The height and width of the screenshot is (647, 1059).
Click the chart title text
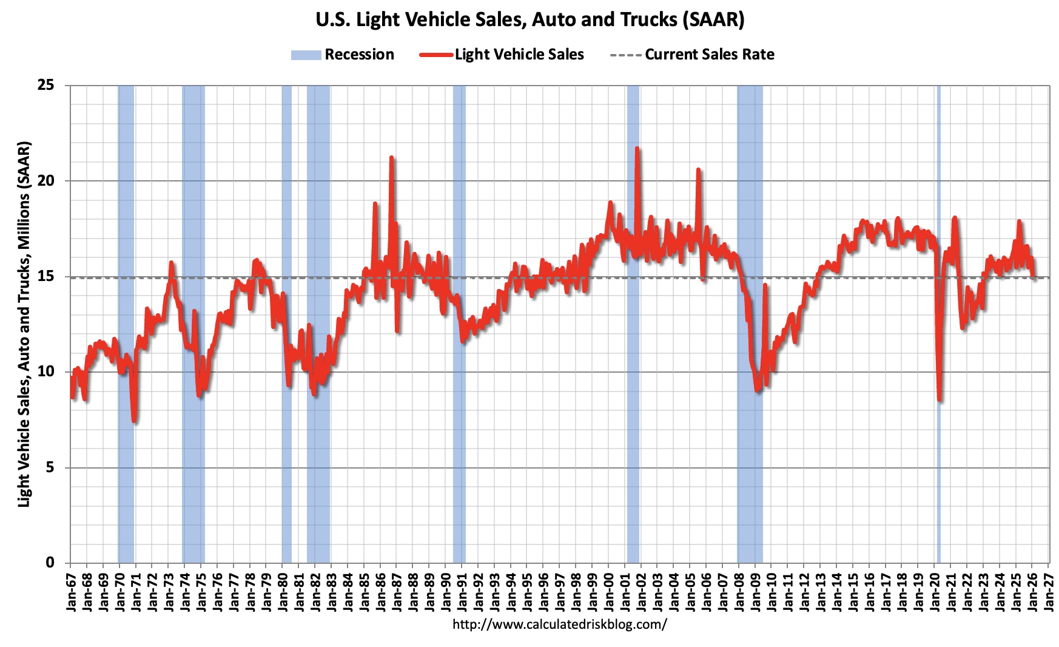pos(529,19)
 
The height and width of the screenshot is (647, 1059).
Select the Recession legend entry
pos(343,55)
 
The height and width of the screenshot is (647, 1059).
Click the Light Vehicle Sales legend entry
pos(502,55)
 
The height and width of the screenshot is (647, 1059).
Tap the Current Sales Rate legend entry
pos(692,55)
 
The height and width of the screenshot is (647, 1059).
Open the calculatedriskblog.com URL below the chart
pos(559,624)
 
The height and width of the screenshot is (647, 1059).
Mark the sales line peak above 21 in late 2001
pos(637,148)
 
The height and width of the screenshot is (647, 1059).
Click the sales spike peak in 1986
pos(392,158)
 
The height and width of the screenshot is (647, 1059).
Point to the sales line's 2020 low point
pos(940,399)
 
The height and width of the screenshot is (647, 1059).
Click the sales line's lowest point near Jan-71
pos(134,421)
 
